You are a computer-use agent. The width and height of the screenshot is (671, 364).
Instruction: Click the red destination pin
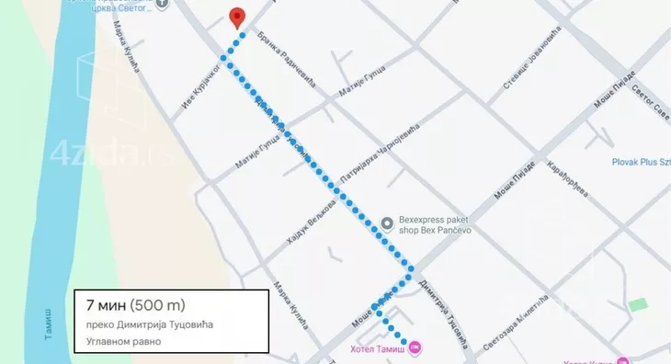pos(236,17)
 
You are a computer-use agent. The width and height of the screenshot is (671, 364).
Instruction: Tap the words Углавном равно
pos(123,341)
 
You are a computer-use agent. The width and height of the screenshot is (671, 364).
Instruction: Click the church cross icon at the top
pos(162,4)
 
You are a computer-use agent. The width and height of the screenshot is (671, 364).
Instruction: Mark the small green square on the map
pos(635,304)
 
